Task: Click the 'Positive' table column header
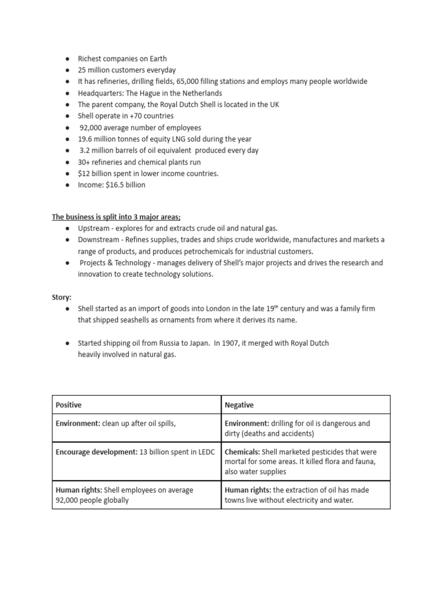pyautogui.click(x=68, y=405)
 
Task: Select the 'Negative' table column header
pyautogui.click(x=239, y=405)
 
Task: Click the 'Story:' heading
pyautogui.click(x=62, y=297)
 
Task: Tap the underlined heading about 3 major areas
pyautogui.click(x=116, y=217)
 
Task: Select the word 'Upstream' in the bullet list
pyautogui.click(x=96, y=228)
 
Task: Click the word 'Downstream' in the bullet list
pyautogui.click(x=100, y=240)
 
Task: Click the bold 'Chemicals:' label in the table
pyautogui.click(x=242, y=452)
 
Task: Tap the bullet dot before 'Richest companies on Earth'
pyautogui.click(x=67, y=59)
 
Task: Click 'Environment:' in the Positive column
pyautogui.click(x=78, y=423)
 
